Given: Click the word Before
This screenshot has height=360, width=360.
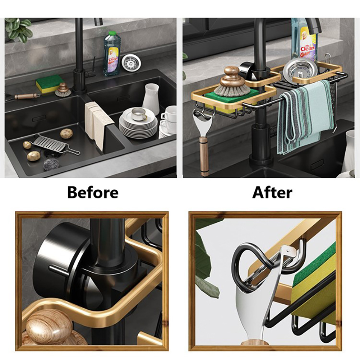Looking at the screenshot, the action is [93, 193].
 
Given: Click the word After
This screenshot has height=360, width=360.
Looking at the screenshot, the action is [272, 193].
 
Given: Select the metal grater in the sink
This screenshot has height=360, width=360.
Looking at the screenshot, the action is [55, 144].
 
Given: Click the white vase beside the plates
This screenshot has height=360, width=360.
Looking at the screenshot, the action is [151, 99].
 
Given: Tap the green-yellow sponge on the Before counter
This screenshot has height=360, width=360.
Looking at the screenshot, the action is [49, 84].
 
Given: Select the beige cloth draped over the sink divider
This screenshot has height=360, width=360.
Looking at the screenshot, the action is [99, 124].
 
